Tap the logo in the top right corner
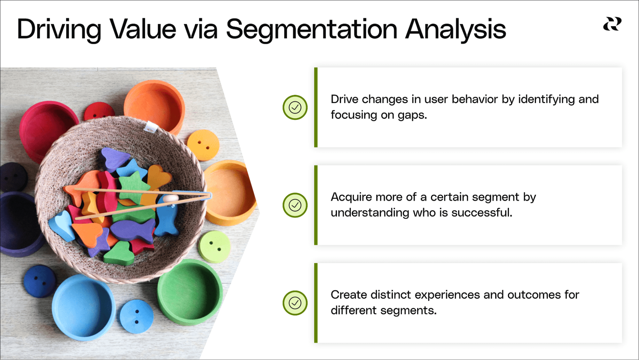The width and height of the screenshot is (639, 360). (x=612, y=24)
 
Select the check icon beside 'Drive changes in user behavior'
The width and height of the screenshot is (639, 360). (x=295, y=107)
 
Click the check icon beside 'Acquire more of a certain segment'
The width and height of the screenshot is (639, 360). (x=295, y=205)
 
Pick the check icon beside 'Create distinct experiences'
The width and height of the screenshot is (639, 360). (x=295, y=303)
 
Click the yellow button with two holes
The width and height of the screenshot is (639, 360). (x=203, y=145)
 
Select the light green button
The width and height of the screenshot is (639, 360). (x=214, y=247)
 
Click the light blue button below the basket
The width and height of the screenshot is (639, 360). (x=136, y=317)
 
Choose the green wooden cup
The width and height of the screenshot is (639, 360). (x=190, y=293)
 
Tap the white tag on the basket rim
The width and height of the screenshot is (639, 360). (x=150, y=127)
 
